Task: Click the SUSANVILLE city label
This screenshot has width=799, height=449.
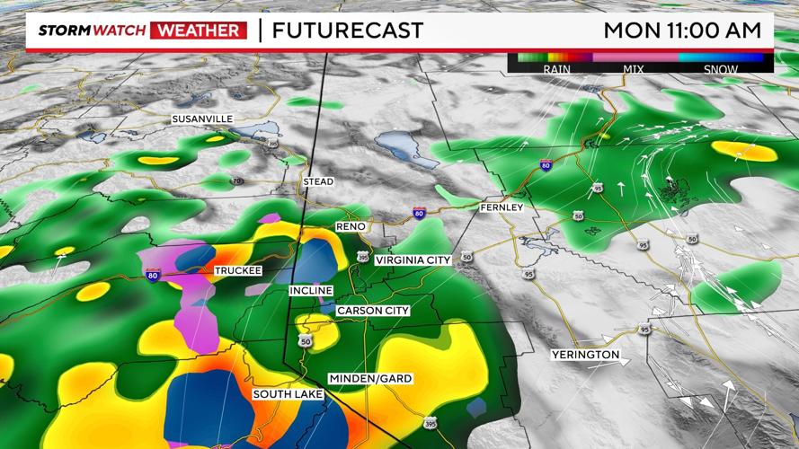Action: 203,119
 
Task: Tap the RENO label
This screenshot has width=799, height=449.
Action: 351,226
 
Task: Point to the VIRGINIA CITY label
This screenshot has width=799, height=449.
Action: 413,260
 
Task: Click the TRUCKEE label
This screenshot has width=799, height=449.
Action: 238,270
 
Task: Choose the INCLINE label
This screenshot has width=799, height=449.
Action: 311,291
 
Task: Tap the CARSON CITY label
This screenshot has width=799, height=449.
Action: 373,311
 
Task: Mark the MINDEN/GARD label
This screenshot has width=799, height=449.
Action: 370,378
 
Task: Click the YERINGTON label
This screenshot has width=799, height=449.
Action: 586,355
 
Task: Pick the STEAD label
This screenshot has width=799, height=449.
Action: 318,182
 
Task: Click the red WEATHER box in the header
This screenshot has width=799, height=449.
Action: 199,31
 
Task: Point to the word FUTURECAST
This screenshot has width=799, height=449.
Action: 347,31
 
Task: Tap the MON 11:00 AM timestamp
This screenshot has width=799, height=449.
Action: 682,30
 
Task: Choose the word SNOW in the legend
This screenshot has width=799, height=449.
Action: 721,69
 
